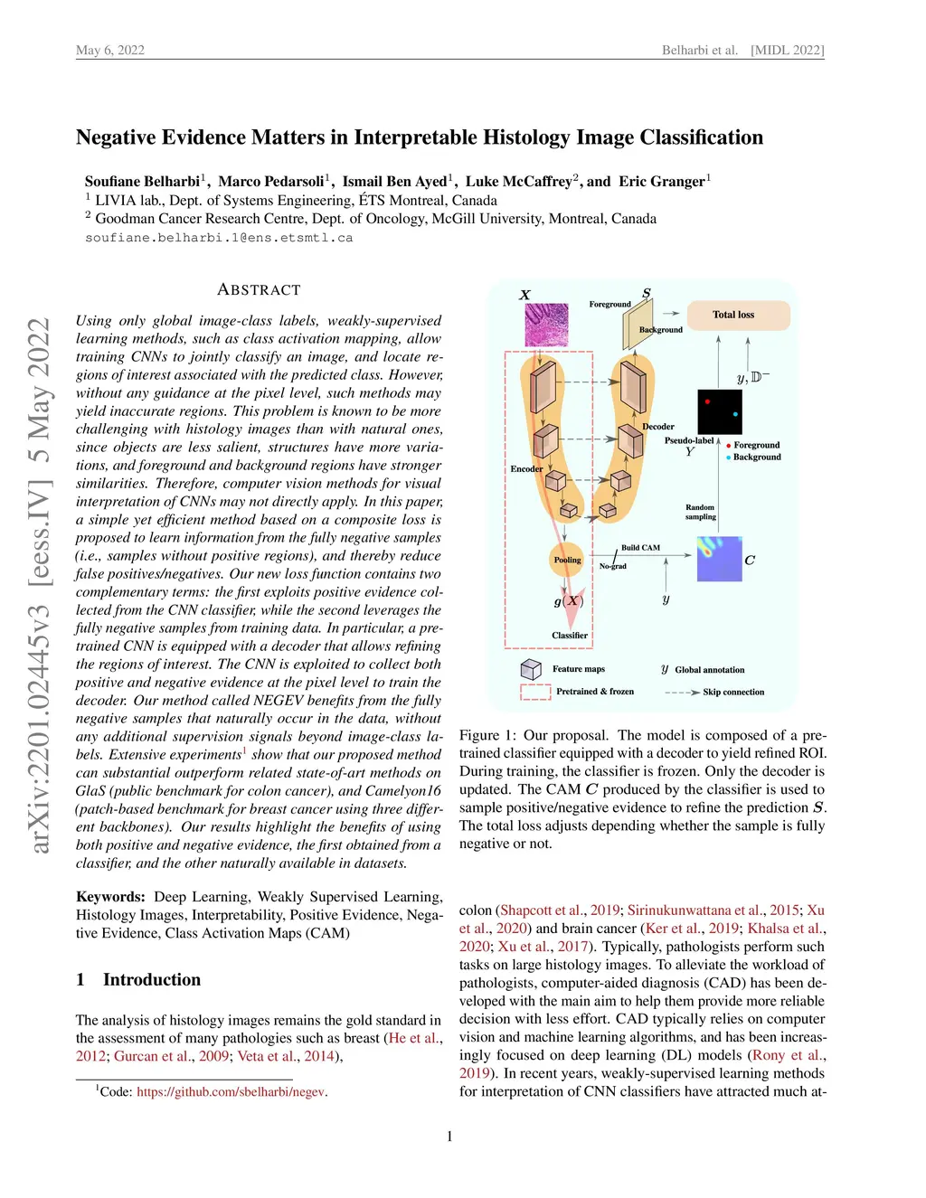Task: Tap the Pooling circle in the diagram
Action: tap(567, 561)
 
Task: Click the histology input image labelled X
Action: tap(547, 325)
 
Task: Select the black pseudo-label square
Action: tap(720, 411)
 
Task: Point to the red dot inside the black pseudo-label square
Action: tap(707, 401)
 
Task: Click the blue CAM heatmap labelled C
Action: tap(720, 559)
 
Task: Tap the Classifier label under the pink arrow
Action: tap(570, 636)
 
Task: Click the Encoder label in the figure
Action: tap(526, 469)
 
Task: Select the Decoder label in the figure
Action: tap(658, 427)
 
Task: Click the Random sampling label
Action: tap(700, 512)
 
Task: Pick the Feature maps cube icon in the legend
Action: tap(531, 669)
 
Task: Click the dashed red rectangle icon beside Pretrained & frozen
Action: tap(535, 693)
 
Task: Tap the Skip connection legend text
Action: tap(733, 693)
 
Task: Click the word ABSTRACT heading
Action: tap(259, 290)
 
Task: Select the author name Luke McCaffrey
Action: tap(518, 182)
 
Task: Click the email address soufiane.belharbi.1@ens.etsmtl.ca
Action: tap(219, 238)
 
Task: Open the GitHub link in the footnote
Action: tap(231, 1092)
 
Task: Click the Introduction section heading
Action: tap(152, 980)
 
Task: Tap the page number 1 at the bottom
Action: tap(449, 1137)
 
